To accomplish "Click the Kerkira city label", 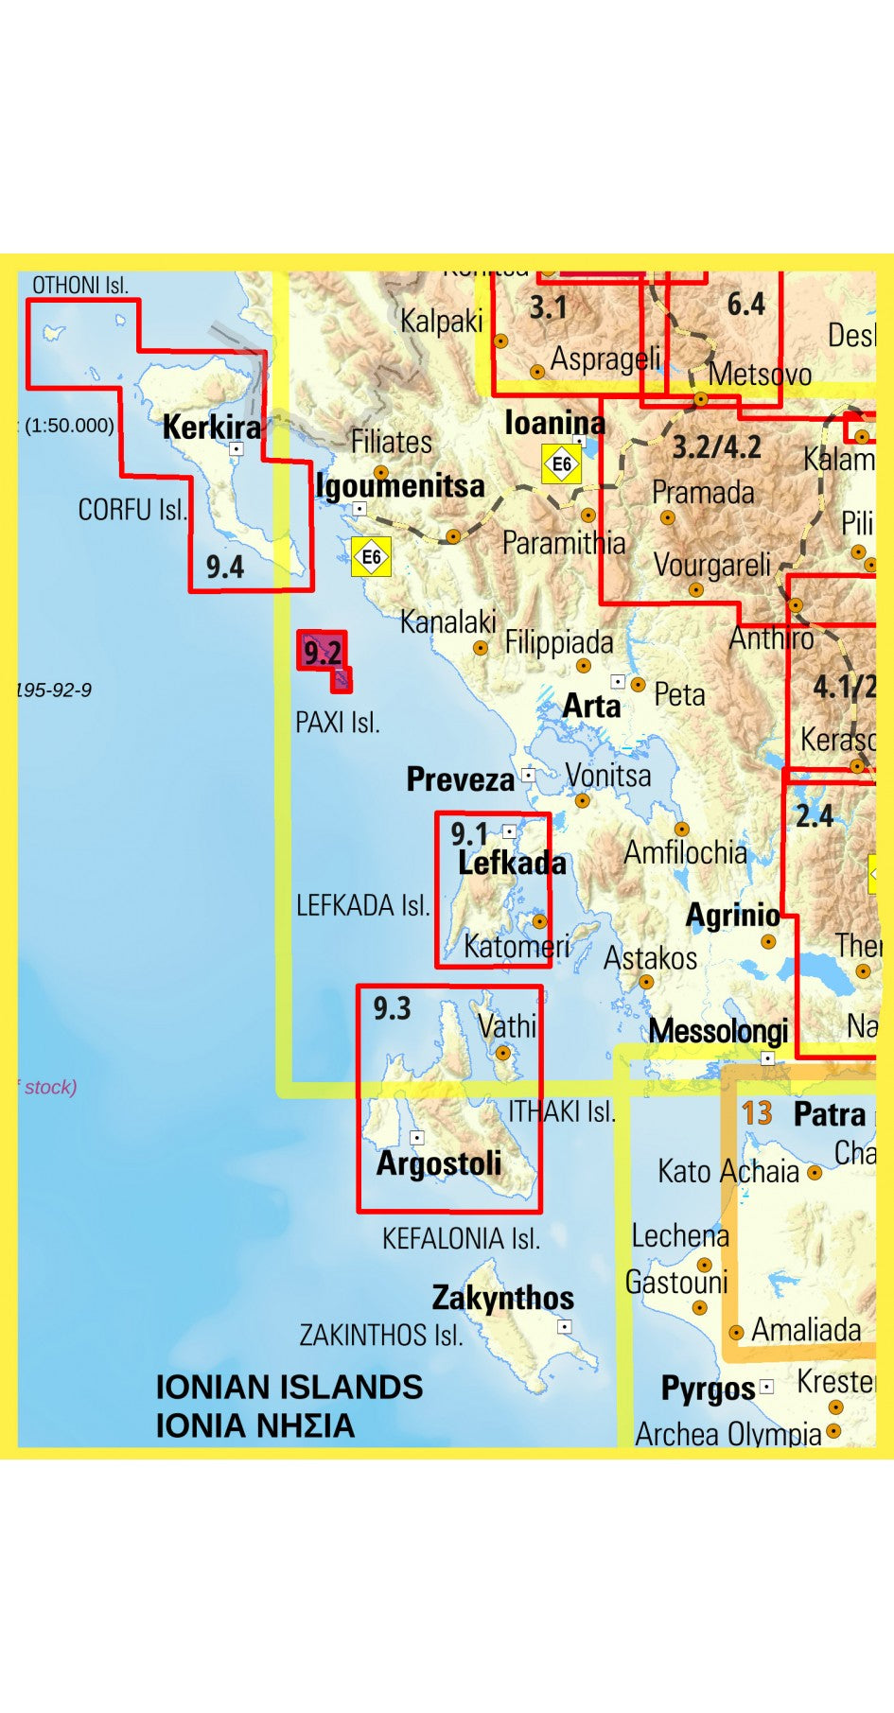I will click(x=211, y=427).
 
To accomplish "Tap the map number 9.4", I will click(x=225, y=567).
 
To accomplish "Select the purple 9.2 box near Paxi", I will click(x=322, y=651).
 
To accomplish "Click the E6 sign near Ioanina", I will click(x=561, y=463).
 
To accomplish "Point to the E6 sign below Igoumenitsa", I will click(x=371, y=556).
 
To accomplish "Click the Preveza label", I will click(x=460, y=778).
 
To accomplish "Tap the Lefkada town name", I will click(x=512, y=863).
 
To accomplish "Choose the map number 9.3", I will click(x=391, y=1008).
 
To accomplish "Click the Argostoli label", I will click(x=439, y=1162).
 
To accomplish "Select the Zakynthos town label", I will click(x=502, y=1297).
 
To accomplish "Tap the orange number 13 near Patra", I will click(x=757, y=1112).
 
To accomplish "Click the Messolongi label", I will click(x=718, y=1030).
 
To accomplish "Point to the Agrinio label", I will click(x=732, y=915).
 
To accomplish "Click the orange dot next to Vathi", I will click(x=503, y=1052).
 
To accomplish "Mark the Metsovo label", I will click(x=760, y=374).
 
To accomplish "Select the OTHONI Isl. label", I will click(x=80, y=285).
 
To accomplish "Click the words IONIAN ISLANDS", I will click(x=289, y=1387).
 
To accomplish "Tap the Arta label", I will click(x=591, y=705).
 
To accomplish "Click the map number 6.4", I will click(x=745, y=304).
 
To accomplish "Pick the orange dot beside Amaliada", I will click(x=736, y=1332).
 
